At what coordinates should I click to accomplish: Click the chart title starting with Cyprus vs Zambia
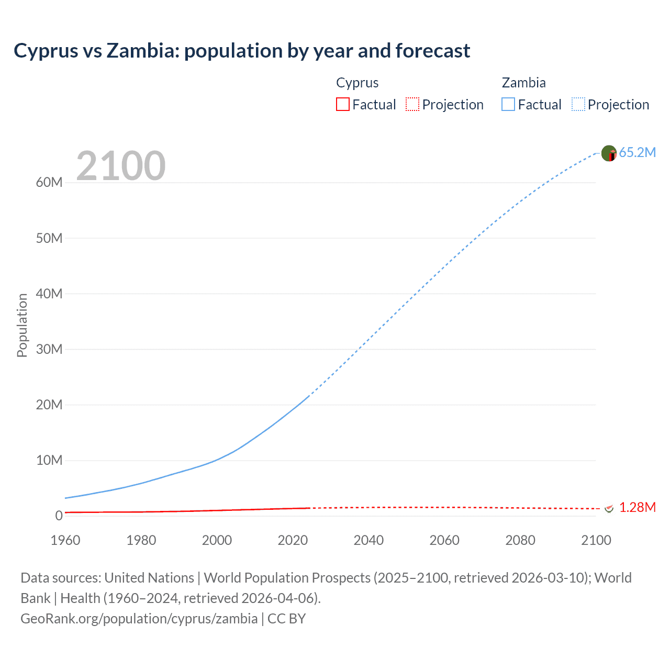point(242,51)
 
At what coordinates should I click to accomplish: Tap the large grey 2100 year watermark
point(121,166)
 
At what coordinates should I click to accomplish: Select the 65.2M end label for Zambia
point(637,152)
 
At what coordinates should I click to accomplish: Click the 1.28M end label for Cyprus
point(637,507)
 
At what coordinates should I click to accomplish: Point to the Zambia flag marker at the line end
point(609,153)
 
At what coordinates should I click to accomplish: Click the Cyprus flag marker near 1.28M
point(609,508)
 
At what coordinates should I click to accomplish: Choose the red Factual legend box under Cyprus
point(342,104)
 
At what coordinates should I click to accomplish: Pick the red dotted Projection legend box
point(412,104)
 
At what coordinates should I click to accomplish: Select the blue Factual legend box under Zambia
point(508,104)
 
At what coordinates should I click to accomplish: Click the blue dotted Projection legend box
point(578,104)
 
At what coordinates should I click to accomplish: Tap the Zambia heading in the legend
point(523,83)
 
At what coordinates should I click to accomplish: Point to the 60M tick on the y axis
point(49,183)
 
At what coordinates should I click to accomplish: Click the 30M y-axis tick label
point(49,349)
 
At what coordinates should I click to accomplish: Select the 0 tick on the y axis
point(59,516)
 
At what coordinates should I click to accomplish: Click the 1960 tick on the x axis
point(65,540)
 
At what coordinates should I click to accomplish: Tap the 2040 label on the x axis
point(368,540)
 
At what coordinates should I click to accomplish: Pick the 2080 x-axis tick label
point(520,540)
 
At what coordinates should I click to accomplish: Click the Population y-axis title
point(22,325)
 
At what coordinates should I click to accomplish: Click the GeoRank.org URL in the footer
point(139,619)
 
